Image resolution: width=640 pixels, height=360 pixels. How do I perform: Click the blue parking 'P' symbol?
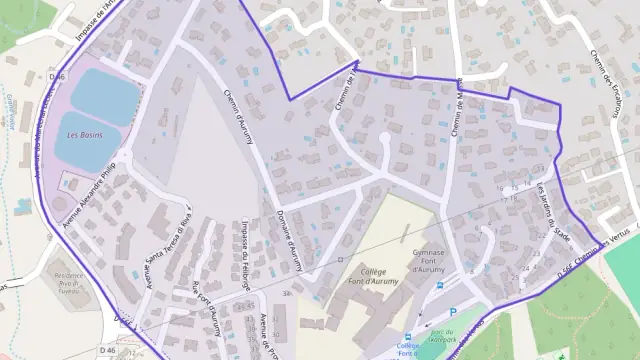(452, 312)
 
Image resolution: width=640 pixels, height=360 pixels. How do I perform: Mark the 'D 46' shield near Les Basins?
(56, 77)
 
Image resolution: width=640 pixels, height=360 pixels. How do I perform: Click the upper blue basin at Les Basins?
(105, 97)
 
